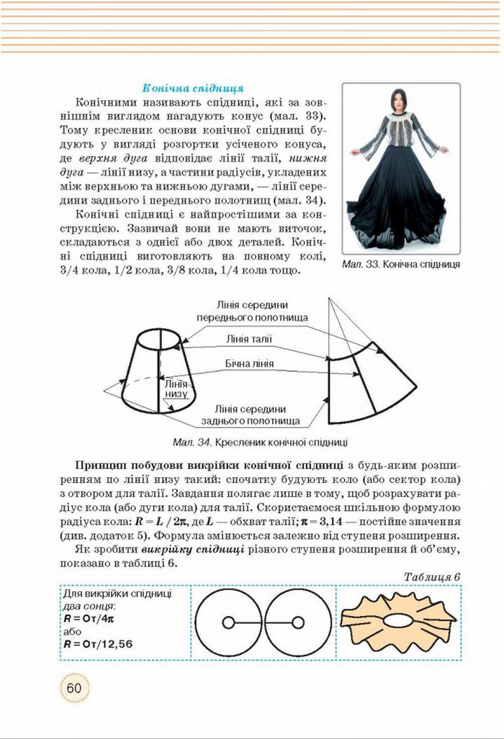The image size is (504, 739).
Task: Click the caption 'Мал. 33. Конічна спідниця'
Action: [402, 264]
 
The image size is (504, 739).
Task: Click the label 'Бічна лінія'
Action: [249, 363]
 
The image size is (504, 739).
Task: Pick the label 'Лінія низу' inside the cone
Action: [176, 389]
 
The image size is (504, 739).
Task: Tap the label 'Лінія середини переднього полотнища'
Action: [252, 312]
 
